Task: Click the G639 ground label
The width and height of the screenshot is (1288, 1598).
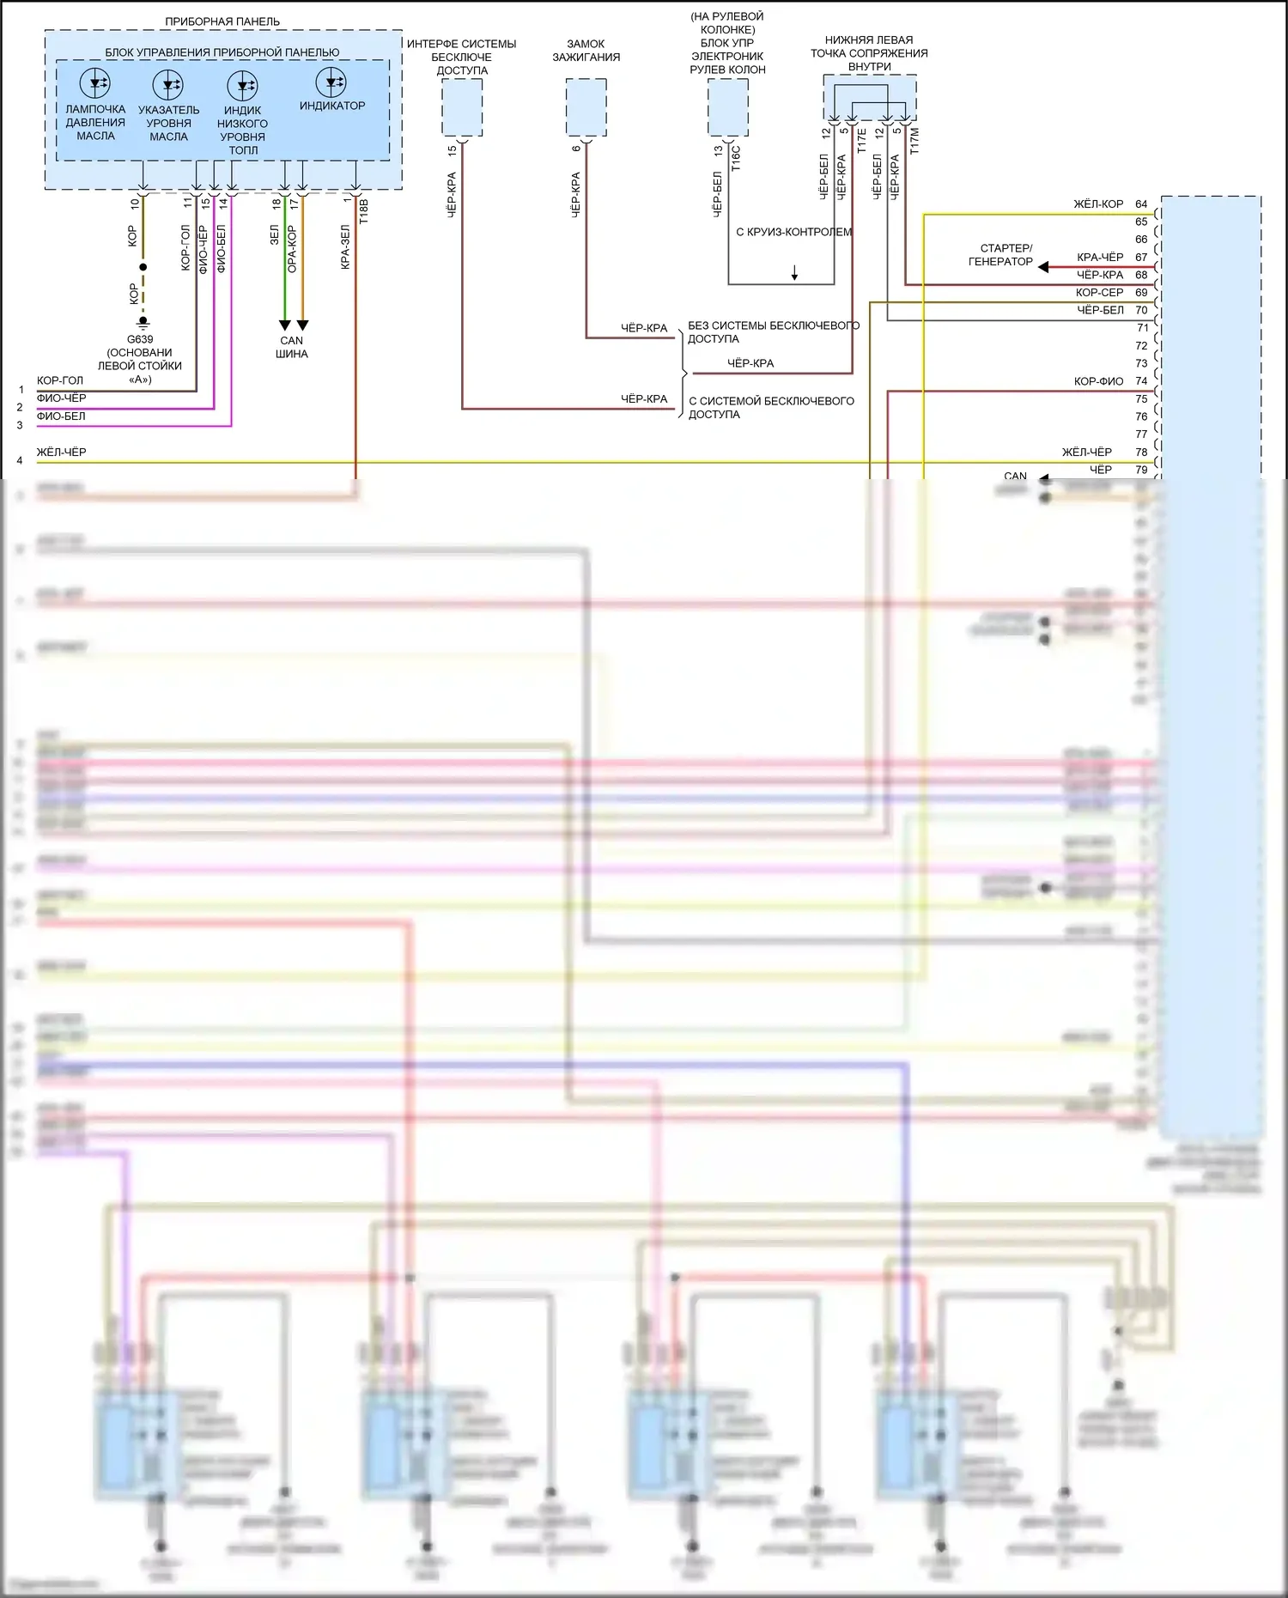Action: (140, 339)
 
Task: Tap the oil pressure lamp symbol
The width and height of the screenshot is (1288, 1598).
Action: (94, 83)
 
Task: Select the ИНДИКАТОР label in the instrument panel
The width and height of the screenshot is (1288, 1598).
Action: (332, 106)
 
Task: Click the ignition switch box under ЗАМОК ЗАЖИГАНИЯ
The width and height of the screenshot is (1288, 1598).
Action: (586, 107)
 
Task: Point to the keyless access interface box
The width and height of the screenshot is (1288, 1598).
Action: (462, 107)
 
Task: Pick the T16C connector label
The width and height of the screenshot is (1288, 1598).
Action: (736, 159)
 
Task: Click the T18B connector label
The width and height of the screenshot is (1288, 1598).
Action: (363, 211)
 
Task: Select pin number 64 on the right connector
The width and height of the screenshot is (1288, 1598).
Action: (1141, 204)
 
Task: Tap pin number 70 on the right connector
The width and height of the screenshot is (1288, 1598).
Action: (1141, 310)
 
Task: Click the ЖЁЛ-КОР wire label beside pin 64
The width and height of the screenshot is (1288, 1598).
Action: (1098, 204)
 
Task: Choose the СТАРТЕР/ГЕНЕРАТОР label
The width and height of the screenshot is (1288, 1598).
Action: (1001, 255)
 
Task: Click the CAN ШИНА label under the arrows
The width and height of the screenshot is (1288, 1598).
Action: (292, 347)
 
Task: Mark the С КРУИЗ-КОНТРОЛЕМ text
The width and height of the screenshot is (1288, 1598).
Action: (794, 232)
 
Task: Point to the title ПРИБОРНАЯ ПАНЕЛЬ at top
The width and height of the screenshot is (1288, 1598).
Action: (222, 21)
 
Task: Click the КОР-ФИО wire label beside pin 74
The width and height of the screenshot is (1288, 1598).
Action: (1098, 381)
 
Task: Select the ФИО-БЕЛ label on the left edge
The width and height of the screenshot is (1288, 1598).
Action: (61, 416)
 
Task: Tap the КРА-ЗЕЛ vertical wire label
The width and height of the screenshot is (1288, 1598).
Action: (345, 247)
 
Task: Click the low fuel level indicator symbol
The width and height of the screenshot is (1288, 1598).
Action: (242, 85)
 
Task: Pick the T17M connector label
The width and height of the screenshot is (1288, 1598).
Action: (914, 141)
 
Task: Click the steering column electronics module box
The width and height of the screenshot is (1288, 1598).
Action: (728, 107)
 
